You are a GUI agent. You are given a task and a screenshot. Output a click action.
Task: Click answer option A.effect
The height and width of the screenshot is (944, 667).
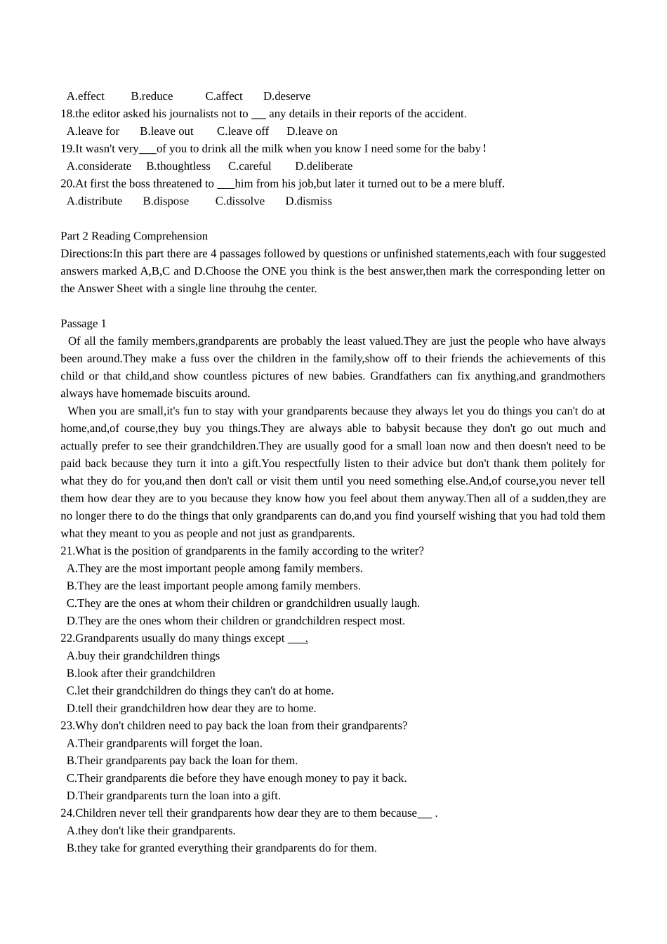click(x=85, y=96)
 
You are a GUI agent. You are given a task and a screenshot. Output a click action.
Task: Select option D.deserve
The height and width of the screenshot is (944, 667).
click(x=286, y=96)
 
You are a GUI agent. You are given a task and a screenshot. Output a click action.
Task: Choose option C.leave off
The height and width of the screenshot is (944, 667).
click(x=242, y=131)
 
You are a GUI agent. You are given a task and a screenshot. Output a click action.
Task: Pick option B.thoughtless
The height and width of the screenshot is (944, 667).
click(x=178, y=166)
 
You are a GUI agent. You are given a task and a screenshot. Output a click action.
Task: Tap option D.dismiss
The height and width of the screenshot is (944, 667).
click(x=308, y=202)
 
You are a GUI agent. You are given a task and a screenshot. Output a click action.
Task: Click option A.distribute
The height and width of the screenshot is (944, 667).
click(x=94, y=202)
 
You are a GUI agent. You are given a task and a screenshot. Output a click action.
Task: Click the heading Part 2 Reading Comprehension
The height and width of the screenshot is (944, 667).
click(x=134, y=236)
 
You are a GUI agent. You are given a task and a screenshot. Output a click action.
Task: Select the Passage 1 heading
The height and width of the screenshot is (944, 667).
click(x=84, y=324)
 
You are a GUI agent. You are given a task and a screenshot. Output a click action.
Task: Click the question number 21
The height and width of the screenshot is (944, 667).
click(x=67, y=551)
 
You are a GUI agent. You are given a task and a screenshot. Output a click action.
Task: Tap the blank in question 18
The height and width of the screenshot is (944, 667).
click(x=258, y=114)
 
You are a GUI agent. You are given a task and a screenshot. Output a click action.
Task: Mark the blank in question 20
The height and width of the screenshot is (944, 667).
click(x=225, y=185)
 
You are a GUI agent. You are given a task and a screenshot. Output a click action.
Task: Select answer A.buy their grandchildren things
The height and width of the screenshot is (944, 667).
click(x=143, y=656)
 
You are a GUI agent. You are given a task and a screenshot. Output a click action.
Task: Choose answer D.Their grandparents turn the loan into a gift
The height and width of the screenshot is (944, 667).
click(x=173, y=796)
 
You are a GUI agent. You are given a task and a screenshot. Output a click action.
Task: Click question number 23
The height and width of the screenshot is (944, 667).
click(x=67, y=726)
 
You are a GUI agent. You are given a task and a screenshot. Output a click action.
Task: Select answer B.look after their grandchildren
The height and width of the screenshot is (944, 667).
click(x=140, y=674)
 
